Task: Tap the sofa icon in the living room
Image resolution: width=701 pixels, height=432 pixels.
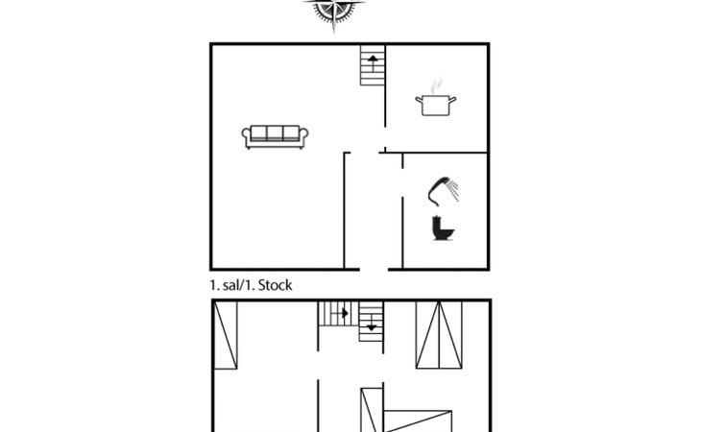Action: coord(275,137)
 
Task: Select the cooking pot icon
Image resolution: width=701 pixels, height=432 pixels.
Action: coord(432,104)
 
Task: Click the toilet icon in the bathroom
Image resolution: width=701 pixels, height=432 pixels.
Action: coord(443,228)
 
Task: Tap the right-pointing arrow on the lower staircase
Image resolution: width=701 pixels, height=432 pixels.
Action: coord(343,312)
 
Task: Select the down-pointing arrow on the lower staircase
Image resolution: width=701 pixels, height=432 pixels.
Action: coord(372,327)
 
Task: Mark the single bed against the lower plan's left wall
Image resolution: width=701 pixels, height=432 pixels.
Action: coord(227,334)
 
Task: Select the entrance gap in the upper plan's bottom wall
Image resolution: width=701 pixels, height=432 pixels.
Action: coord(374,269)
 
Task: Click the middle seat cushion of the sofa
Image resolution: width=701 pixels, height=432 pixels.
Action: coord(275,134)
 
